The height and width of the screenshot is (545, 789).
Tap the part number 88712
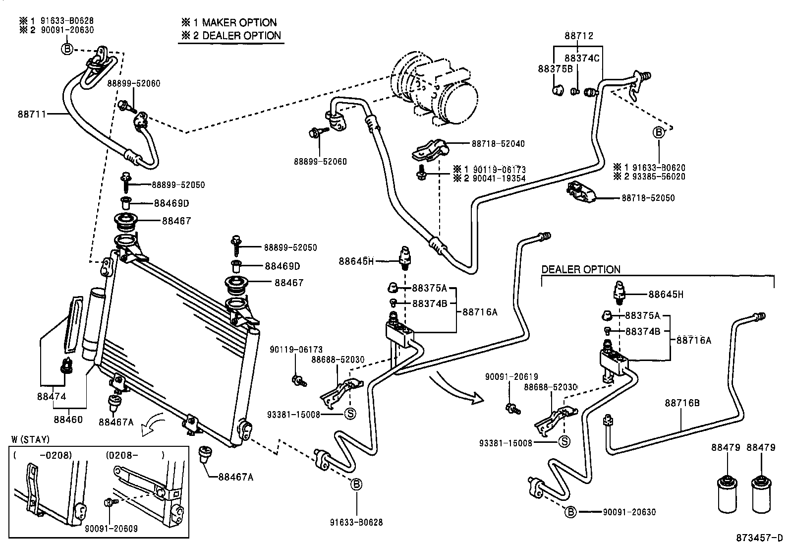pyautogui.click(x=579, y=36)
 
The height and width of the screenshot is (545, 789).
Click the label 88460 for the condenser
pyautogui.click(x=68, y=420)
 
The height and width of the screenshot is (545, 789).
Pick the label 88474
pyautogui.click(x=52, y=397)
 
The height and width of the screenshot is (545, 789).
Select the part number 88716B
pyautogui.click(x=682, y=403)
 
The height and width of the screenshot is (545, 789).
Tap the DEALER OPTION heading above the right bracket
pyautogui.click(x=580, y=270)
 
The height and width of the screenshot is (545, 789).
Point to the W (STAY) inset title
pyautogui.click(x=30, y=440)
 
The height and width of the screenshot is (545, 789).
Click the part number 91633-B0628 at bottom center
pyautogui.click(x=356, y=522)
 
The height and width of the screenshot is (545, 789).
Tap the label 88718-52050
pyautogui.click(x=648, y=198)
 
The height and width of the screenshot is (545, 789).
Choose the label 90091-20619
pyautogui.click(x=511, y=377)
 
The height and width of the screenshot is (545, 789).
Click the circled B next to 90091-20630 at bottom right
pyautogui.click(x=571, y=512)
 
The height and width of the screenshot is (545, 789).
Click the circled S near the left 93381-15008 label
pyautogui.click(x=350, y=414)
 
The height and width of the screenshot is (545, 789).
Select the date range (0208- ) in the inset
pyautogui.click(x=135, y=455)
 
